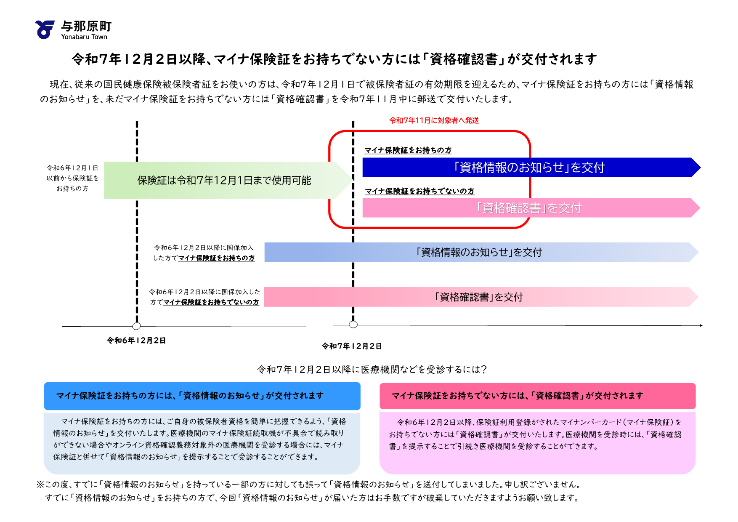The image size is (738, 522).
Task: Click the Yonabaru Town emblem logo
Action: point(45,29)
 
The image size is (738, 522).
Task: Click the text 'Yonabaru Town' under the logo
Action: point(84,37)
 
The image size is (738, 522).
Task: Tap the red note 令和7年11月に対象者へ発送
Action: point(434,121)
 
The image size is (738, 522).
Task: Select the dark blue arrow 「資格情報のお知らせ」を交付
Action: point(529,168)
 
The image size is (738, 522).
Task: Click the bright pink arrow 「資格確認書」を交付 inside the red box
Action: point(529,208)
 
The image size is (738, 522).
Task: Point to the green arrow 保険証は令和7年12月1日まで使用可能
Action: point(224,180)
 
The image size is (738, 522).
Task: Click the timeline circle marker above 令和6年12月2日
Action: point(136,326)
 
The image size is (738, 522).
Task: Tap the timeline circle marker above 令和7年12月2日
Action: point(353,325)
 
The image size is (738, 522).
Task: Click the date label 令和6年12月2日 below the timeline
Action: point(136,341)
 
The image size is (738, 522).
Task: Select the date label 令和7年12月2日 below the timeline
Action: point(352,346)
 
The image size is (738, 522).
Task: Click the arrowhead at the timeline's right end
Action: point(701,325)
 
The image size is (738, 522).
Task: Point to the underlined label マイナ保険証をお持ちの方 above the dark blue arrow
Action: point(408,150)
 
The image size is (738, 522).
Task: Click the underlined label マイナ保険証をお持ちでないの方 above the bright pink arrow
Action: point(419,191)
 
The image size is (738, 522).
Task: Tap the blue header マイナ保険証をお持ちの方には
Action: point(202,396)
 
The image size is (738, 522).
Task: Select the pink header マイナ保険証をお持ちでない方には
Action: point(537,396)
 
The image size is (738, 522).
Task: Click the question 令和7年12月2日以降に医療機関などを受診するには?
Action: point(372,370)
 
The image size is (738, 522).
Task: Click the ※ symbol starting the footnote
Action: point(40,485)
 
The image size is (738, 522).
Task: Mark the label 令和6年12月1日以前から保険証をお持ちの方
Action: point(72,178)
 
